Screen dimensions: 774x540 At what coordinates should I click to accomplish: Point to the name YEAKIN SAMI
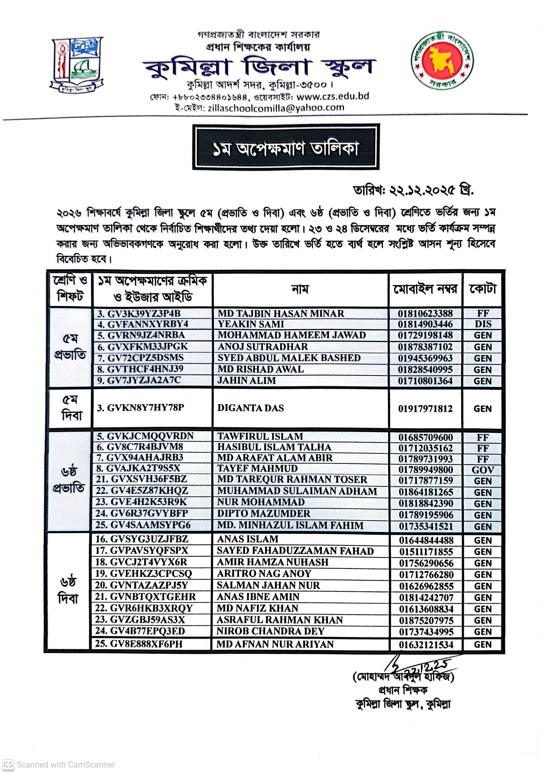click(251, 324)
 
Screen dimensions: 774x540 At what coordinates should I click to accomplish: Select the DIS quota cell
click(483, 324)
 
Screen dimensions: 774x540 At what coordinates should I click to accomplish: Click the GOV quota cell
click(483, 470)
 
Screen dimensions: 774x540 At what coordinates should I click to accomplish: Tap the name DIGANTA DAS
click(250, 408)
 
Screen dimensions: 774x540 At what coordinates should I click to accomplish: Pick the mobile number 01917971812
click(425, 409)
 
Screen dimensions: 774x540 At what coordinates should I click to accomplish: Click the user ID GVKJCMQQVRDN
click(150, 436)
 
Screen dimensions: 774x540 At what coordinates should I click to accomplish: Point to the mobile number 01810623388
click(425, 314)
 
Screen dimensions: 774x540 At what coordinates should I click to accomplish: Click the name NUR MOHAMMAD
click(261, 502)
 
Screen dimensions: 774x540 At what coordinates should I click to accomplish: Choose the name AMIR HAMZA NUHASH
click(272, 562)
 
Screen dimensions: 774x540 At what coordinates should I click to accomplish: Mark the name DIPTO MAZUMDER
click(264, 513)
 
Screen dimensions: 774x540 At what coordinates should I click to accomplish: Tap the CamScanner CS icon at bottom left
click(8, 764)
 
